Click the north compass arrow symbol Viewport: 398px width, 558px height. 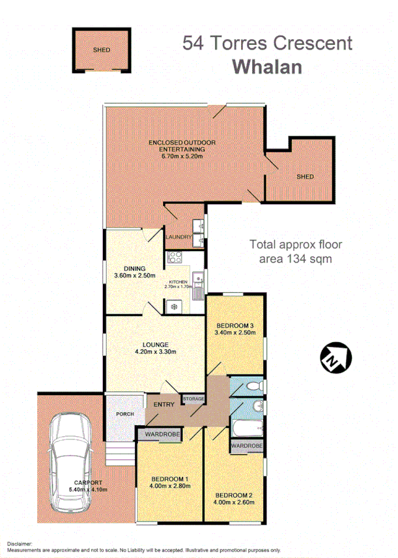point(335,358)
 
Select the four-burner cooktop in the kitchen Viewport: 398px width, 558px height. point(175,257)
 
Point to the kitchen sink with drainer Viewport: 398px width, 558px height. point(199,287)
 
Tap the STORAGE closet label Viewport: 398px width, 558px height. point(193,398)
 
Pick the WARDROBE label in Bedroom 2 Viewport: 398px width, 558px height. point(247,447)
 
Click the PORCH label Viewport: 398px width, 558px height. point(124,413)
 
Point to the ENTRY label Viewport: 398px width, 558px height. point(164,405)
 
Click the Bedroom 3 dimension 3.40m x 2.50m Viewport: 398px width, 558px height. point(235,334)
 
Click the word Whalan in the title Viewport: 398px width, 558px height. point(267,66)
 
